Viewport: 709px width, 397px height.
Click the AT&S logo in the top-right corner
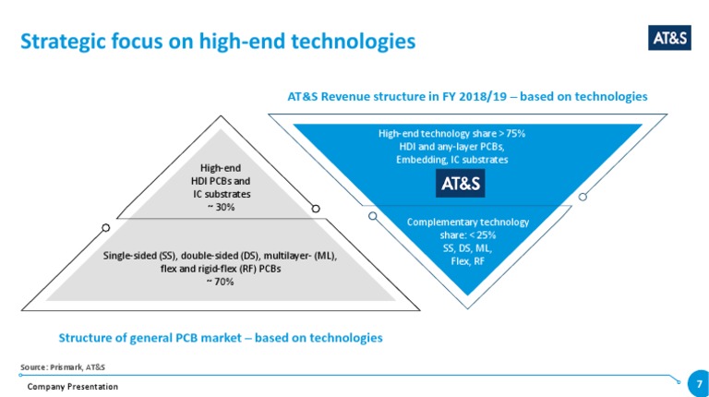tap(669, 37)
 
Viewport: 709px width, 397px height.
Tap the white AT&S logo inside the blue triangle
tap(461, 183)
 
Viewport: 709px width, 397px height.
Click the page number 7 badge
tap(700, 381)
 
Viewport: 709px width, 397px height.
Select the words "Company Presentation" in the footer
tap(72, 386)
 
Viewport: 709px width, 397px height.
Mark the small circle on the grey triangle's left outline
tap(106, 227)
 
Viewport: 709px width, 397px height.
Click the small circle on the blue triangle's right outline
tap(583, 196)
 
